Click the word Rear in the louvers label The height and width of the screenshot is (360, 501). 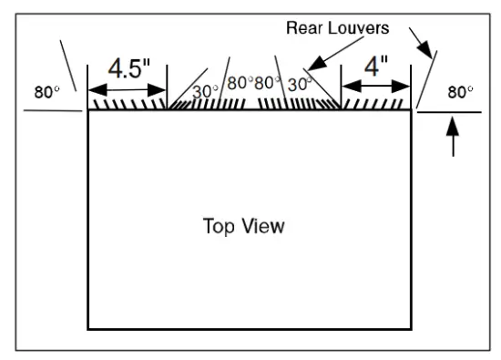click(x=304, y=28)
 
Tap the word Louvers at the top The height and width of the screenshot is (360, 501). click(x=358, y=28)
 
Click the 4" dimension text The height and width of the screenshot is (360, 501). click(x=375, y=67)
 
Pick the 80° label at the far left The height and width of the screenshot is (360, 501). click(x=46, y=92)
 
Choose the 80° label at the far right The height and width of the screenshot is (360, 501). click(x=461, y=92)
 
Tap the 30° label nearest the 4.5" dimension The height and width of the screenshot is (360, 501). click(x=206, y=91)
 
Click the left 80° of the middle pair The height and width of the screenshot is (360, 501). click(x=240, y=83)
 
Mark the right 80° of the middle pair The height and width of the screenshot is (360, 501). click(x=268, y=83)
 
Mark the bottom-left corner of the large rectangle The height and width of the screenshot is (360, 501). click(x=88, y=328)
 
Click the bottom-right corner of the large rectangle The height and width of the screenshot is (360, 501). click(x=410, y=328)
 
